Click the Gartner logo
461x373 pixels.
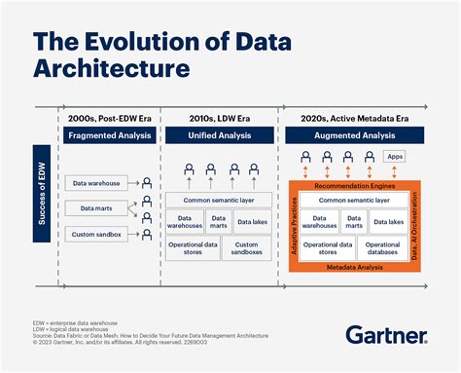coord(386,336)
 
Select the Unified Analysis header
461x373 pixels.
coord(217,135)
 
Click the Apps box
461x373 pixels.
coord(394,156)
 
